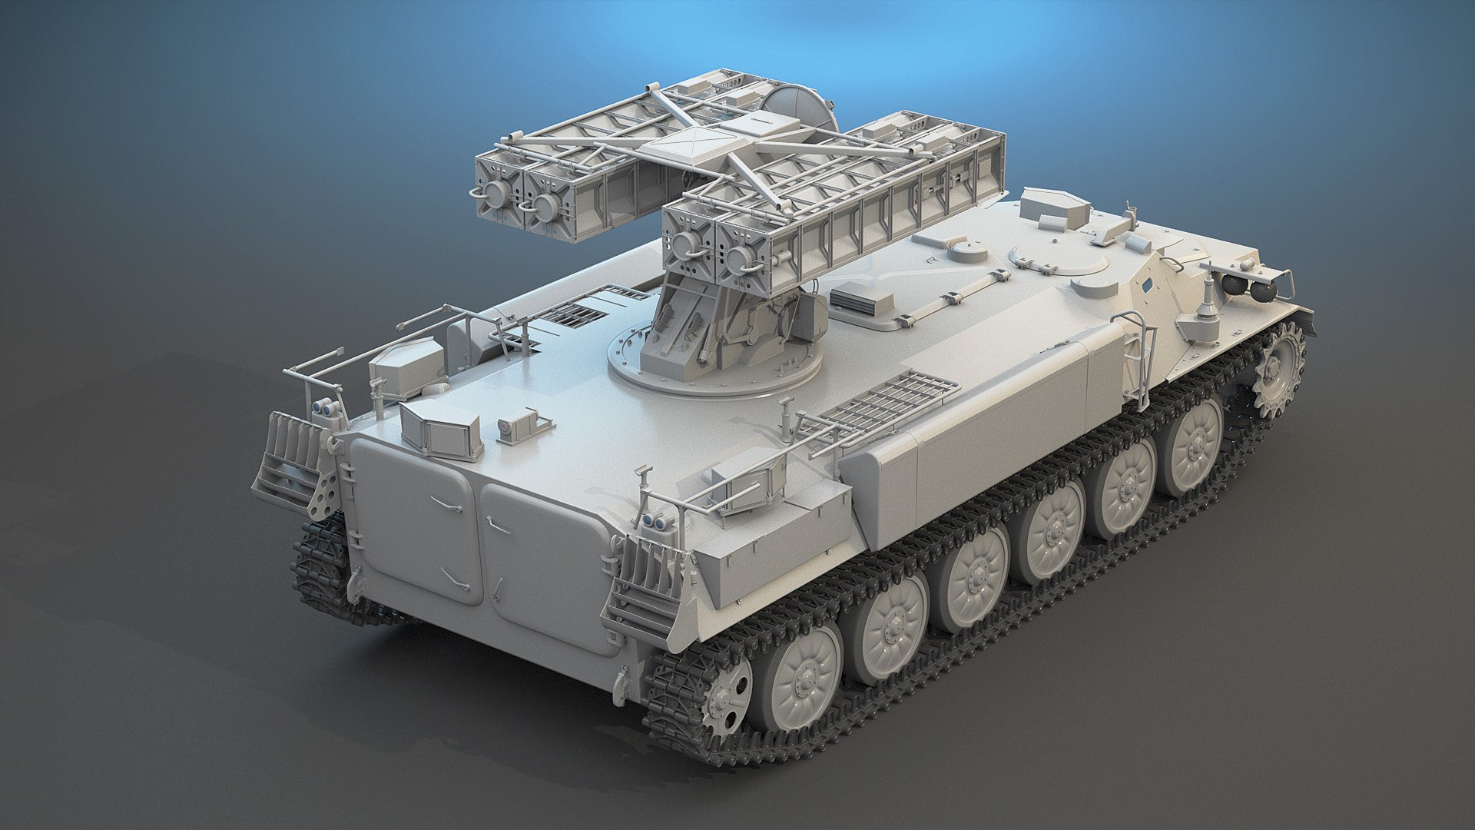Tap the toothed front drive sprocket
pyautogui.click(x=1280, y=370)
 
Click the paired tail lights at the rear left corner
pyautogui.click(x=327, y=408)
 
